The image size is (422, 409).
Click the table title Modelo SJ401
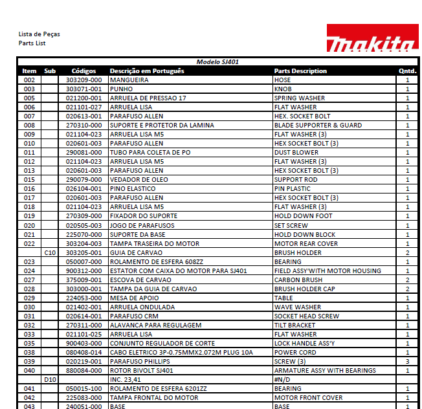click(217, 62)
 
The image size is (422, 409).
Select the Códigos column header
click(83, 71)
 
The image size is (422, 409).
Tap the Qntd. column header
click(407, 71)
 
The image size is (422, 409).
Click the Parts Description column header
click(300, 71)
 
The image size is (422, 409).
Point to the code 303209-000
click(83, 80)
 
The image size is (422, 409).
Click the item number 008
click(29, 126)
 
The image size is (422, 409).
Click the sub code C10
click(50, 253)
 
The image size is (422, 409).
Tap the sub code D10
click(50, 380)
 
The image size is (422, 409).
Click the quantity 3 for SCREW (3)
click(407, 362)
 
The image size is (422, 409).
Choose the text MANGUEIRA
click(129, 80)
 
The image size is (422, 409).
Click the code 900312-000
click(83, 271)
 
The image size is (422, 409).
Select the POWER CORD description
click(295, 353)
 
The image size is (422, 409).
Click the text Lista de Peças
click(39, 34)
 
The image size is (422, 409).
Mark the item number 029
click(29, 298)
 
